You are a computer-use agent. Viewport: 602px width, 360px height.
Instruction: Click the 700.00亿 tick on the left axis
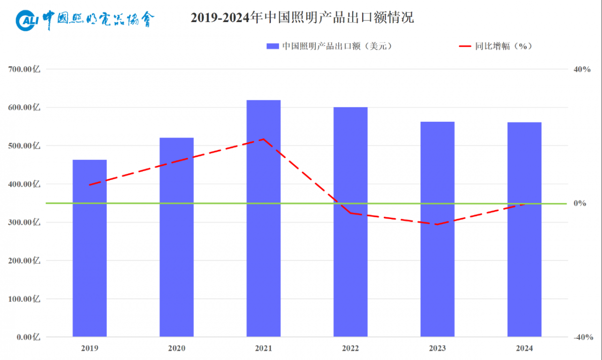click(24, 69)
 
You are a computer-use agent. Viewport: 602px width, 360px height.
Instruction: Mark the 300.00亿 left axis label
click(24, 222)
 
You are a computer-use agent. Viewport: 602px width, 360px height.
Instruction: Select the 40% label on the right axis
click(582, 69)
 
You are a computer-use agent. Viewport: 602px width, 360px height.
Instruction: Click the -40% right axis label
click(582, 337)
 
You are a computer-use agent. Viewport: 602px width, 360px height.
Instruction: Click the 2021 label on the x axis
click(263, 348)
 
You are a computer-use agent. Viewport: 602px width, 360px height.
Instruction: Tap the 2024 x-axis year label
click(524, 348)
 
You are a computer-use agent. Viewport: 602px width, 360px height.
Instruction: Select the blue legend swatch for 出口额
click(272, 46)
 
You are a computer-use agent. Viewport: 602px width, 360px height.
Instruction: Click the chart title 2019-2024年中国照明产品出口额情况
click(303, 18)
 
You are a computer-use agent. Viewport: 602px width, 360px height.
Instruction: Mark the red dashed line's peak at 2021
click(264, 139)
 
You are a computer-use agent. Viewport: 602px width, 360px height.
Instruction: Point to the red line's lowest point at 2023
click(437, 224)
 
